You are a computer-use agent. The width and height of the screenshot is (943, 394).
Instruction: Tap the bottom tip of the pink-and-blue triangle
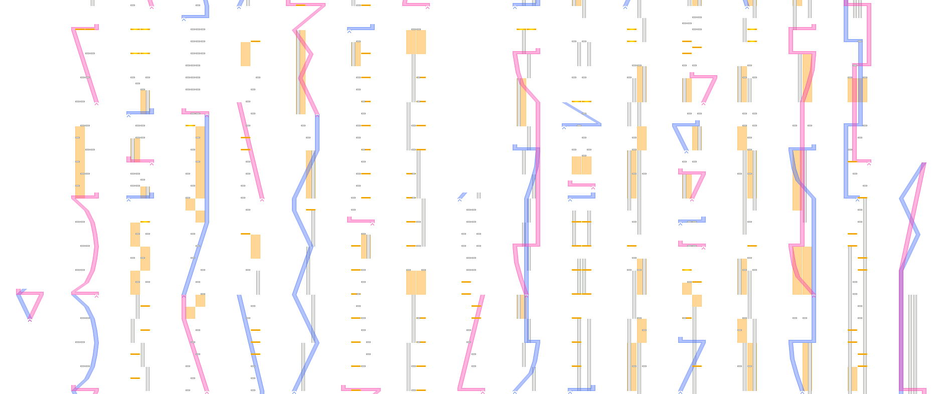pos(30,317)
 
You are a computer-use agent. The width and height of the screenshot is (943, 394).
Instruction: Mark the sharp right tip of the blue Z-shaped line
pos(600,124)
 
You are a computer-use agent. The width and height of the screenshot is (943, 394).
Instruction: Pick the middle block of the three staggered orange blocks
pos(145,258)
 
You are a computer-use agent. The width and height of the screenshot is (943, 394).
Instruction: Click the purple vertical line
pos(901,331)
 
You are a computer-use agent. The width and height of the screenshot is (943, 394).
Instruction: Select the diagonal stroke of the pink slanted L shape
pos(472,341)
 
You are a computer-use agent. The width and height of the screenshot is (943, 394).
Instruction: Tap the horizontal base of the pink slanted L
pos(472,389)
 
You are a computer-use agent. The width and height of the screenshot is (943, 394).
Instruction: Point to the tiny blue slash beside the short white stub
pos(462,195)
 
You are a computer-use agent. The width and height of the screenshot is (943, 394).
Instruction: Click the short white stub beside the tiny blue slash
pos(479,195)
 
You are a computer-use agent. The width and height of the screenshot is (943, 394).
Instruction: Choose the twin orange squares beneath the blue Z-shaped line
pos(581,165)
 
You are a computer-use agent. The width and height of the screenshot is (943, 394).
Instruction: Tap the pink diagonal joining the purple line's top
pos(913,216)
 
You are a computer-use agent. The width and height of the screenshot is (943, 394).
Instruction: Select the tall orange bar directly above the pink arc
pos(80,160)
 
